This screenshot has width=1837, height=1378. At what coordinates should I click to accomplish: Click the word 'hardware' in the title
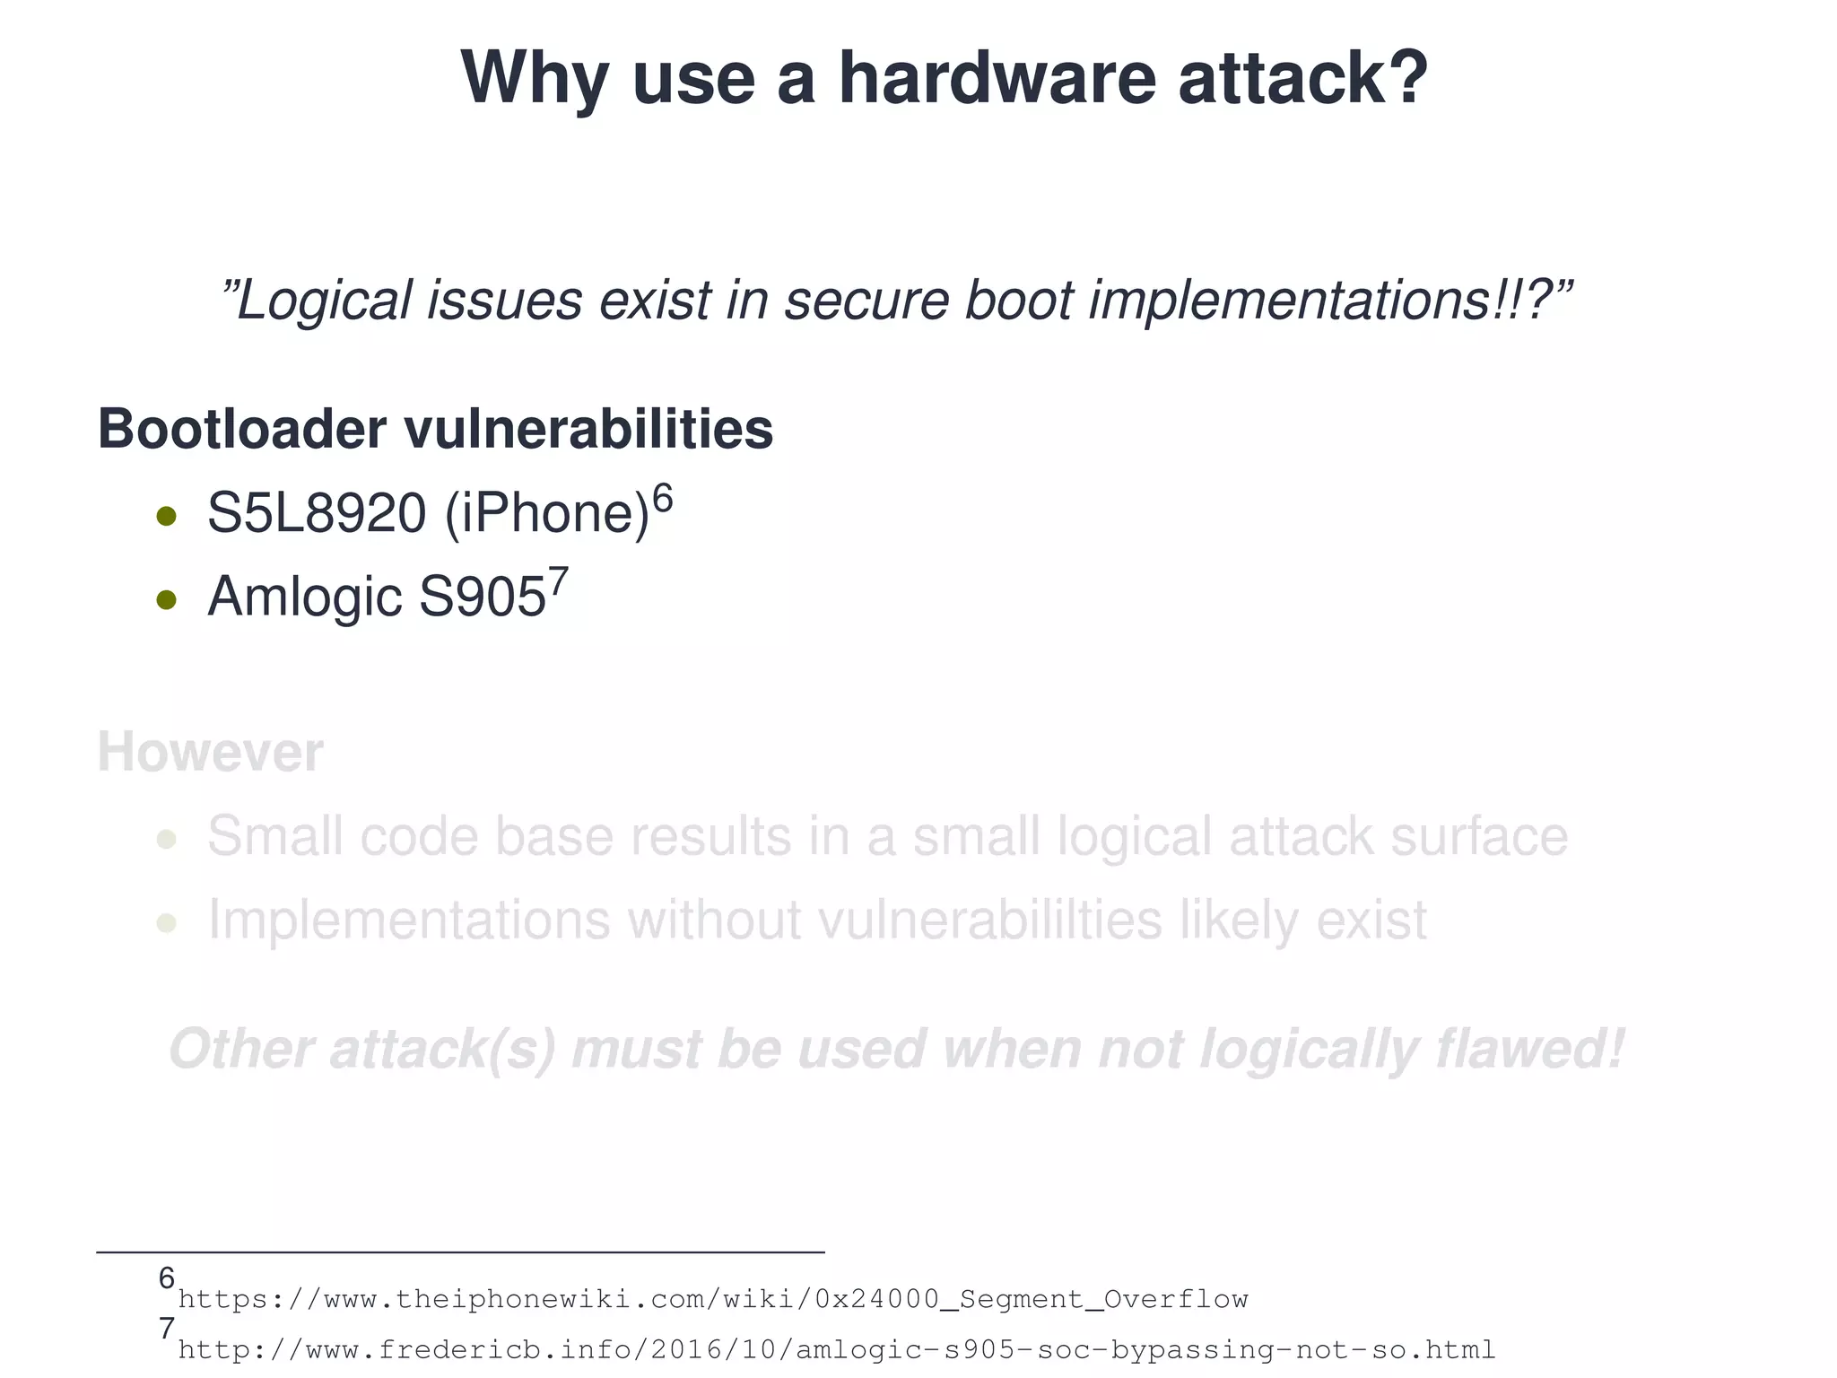click(997, 79)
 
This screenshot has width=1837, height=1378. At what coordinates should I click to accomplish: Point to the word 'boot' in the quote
click(1017, 301)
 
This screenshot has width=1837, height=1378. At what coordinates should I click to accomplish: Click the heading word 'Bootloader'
click(241, 429)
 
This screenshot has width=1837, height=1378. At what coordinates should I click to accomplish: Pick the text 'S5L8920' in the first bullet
click(316, 514)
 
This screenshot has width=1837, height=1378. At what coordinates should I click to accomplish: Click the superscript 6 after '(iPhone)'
click(662, 497)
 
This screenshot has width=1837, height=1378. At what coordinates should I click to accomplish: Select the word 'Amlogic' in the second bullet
click(304, 597)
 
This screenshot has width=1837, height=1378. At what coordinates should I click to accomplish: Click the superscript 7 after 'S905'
click(558, 581)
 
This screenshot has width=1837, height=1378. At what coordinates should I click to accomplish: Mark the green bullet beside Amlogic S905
click(166, 599)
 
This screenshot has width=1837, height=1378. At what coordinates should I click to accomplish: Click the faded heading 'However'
click(210, 753)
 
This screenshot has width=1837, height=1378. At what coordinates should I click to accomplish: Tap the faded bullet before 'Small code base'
click(166, 840)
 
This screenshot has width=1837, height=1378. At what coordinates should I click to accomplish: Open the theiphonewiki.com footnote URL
click(713, 1299)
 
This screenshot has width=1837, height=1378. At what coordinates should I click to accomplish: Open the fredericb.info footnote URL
click(836, 1350)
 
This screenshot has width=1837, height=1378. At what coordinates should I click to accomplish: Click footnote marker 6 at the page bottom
click(166, 1278)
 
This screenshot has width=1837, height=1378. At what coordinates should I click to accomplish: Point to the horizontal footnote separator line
click(459, 1252)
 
